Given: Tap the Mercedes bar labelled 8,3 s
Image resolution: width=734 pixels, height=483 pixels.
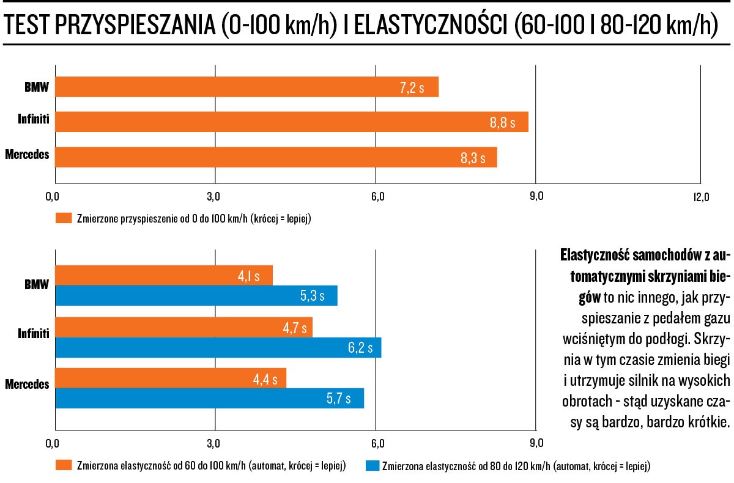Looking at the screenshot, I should tap(276, 157).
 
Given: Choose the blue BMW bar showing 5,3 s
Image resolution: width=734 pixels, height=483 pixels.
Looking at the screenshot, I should tap(196, 297).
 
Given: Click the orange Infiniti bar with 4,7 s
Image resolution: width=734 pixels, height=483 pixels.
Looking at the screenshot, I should tap(183, 327).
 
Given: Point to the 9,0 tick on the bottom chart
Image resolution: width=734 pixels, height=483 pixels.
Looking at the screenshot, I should tap(535, 443).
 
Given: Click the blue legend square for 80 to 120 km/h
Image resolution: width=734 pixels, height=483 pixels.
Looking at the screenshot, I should tap(371, 465).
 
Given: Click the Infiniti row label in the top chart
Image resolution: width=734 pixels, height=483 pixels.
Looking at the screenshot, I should tap(34, 122).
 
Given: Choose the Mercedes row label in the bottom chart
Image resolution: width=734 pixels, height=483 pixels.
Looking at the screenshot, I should tap(27, 385).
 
